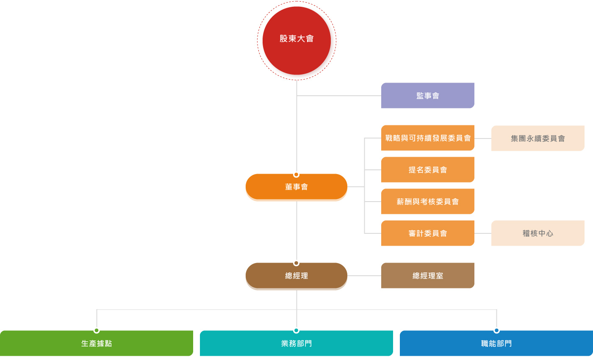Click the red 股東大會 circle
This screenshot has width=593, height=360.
pyautogui.click(x=296, y=41)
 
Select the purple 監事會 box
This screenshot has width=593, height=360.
pyautogui.click(x=427, y=96)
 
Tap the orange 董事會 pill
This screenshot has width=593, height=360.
pyautogui.click(x=296, y=187)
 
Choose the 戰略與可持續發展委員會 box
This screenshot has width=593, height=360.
pyautogui.click(x=427, y=138)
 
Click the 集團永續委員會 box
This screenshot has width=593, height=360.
pyautogui.click(x=538, y=138)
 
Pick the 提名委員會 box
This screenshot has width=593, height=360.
pyautogui.click(x=427, y=170)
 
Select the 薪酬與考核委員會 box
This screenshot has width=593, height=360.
pyautogui.click(x=427, y=202)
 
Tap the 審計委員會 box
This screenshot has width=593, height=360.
pyautogui.click(x=427, y=233)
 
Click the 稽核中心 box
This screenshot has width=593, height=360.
pyautogui.click(x=538, y=233)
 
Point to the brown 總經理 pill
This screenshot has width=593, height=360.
pyautogui.click(x=296, y=276)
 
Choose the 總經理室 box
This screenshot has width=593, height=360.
pyautogui.click(x=427, y=276)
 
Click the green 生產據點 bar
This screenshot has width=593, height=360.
pyautogui.click(x=97, y=343)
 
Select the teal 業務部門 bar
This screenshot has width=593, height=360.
pyautogui.click(x=296, y=343)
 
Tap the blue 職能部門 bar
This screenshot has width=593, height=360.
pyautogui.click(x=496, y=343)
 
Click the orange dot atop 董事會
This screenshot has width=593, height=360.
pyautogui.click(x=296, y=174)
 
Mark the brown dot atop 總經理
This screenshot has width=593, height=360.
pyautogui.click(x=296, y=263)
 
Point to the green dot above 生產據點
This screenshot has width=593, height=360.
pyautogui.click(x=97, y=330)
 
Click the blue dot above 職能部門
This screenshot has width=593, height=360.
pyautogui.click(x=496, y=330)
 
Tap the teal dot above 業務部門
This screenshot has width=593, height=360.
pyautogui.click(x=296, y=330)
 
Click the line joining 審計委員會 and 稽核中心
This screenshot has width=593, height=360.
pyautogui.click(x=483, y=233)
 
